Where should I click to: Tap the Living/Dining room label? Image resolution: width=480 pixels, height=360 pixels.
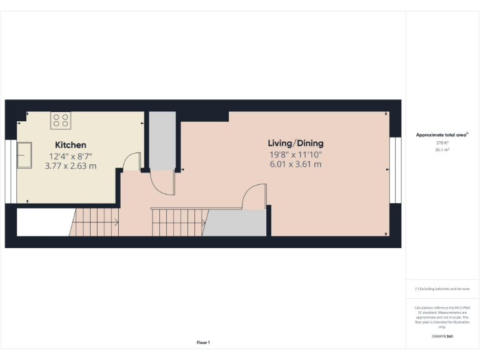(x=296, y=143)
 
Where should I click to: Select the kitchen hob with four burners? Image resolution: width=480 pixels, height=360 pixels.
(x=61, y=119)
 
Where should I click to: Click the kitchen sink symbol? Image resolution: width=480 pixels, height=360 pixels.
(x=25, y=155)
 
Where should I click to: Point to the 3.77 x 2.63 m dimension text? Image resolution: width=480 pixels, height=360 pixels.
(x=71, y=166)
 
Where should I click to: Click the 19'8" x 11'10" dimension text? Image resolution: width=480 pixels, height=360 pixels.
(x=296, y=154)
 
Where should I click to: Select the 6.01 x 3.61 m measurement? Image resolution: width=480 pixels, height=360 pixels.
(x=296, y=164)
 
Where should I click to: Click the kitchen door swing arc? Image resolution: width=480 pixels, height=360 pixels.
(x=132, y=162)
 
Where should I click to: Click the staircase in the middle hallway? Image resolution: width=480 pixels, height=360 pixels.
(x=179, y=222)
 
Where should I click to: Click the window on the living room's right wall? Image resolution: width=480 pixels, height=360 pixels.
(x=394, y=170)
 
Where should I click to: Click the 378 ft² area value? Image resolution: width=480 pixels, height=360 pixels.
(x=442, y=142)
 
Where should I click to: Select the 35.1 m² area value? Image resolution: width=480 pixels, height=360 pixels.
(x=442, y=149)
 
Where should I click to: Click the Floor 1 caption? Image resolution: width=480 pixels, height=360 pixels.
(x=203, y=342)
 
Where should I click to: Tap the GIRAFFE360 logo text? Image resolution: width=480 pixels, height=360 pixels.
(x=442, y=336)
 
